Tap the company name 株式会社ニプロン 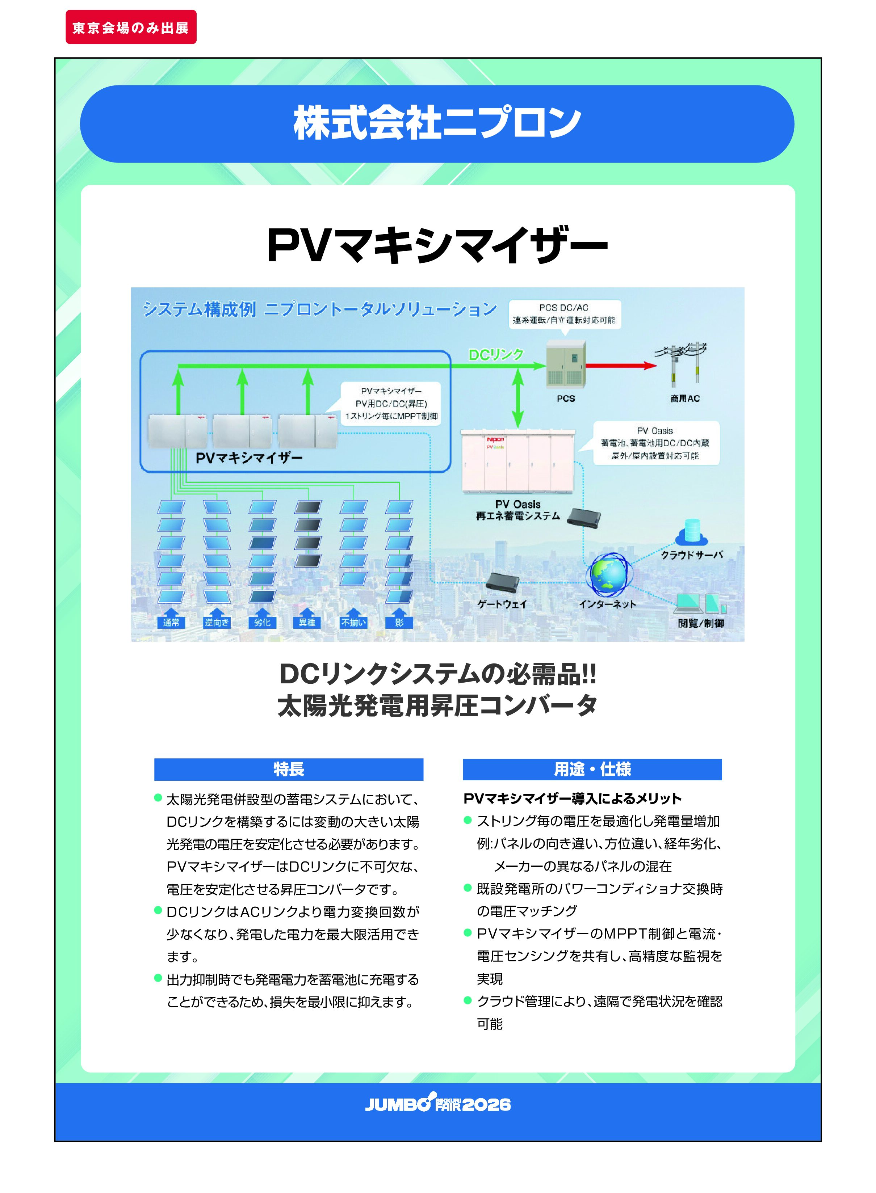click(x=437, y=123)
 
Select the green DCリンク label click(x=496, y=355)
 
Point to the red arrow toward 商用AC click(x=620, y=365)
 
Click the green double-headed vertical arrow click(x=518, y=399)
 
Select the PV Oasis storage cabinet click(x=518, y=460)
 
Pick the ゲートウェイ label click(x=502, y=604)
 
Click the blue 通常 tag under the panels click(x=171, y=622)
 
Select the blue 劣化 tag click(x=262, y=622)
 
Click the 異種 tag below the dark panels click(x=307, y=622)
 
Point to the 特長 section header click(x=289, y=769)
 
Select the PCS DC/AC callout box click(x=564, y=314)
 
